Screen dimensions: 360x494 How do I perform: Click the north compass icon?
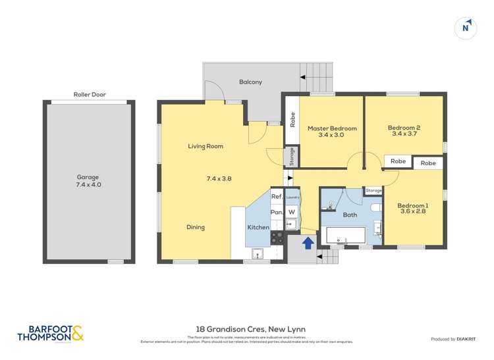[466, 28]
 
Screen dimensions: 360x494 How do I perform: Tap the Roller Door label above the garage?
[89, 95]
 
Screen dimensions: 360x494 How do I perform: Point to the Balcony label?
[250, 82]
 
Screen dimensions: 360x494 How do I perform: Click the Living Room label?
[206, 146]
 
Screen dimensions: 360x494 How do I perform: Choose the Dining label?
[195, 227]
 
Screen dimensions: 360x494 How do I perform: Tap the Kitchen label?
[258, 227]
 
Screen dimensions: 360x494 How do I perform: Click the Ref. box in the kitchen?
[277, 197]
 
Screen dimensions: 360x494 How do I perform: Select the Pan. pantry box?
[277, 212]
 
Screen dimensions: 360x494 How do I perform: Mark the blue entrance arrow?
[307, 243]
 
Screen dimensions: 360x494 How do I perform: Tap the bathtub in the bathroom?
[344, 236]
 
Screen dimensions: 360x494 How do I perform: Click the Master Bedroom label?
[333, 128]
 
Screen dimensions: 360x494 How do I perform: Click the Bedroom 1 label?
[413, 206]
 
